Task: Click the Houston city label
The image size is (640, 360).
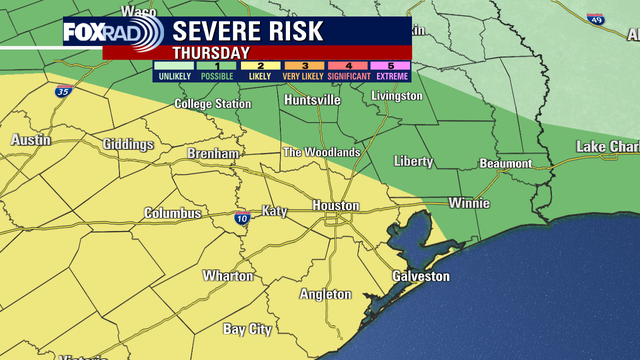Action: (336, 205)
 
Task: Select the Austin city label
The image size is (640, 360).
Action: (30, 141)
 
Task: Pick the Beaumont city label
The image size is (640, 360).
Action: (505, 163)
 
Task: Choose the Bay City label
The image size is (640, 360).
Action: (247, 329)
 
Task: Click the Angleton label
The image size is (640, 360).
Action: (326, 294)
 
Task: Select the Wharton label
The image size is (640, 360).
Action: (229, 275)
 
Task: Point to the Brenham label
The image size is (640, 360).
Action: (214, 154)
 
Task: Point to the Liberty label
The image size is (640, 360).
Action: (413, 161)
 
